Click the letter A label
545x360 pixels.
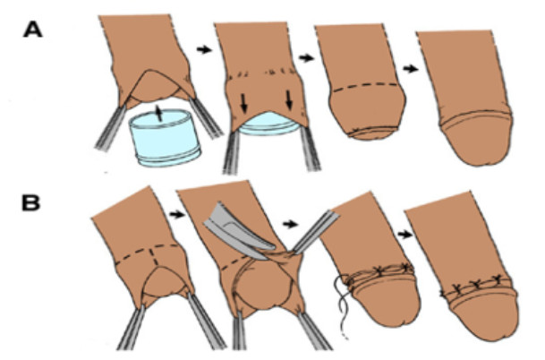click(33, 30)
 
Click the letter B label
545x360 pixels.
click(31, 203)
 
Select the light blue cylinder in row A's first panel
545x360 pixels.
click(165, 138)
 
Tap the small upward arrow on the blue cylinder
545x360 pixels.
click(158, 114)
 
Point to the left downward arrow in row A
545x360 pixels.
click(244, 102)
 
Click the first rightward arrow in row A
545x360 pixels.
click(204, 50)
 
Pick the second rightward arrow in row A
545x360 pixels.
click(307, 57)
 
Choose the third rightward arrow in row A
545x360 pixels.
click(411, 69)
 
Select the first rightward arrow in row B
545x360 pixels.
click(176, 215)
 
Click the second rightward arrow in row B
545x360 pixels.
click(290, 225)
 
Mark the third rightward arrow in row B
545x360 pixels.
click(404, 235)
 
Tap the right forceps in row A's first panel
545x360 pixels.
click(206, 117)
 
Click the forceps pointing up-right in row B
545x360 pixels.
click(315, 231)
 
